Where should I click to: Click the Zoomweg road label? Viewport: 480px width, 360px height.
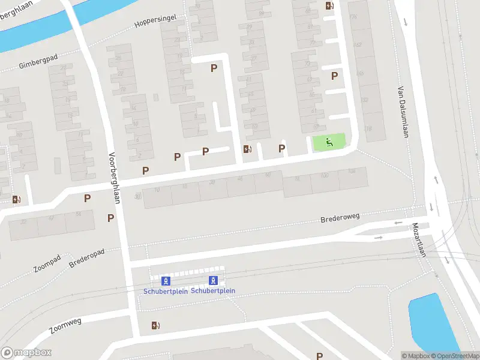pyautogui.click(x=65, y=325)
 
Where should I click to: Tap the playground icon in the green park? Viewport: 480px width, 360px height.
pyautogui.click(x=329, y=142)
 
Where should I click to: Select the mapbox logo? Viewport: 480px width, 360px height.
pyautogui.click(x=26, y=353)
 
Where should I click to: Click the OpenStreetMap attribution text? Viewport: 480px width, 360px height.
pyautogui.click(x=454, y=356)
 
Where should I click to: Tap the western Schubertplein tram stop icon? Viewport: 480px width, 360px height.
pyautogui.click(x=165, y=281)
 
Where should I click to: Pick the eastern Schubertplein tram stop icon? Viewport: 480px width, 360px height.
pyautogui.click(x=213, y=280)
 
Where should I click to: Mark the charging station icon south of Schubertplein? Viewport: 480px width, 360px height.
pyautogui.click(x=156, y=326)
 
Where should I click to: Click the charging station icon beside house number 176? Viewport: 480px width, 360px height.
pyautogui.click(x=329, y=6)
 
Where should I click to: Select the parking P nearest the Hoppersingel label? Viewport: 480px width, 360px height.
pyautogui.click(x=213, y=68)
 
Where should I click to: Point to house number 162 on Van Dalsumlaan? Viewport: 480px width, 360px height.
pyautogui.click(x=358, y=45)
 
